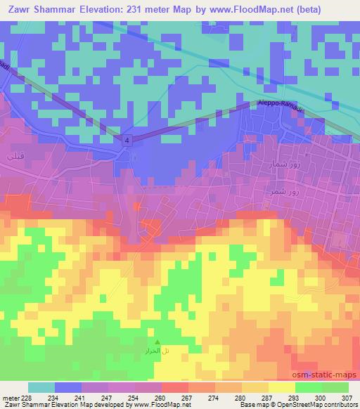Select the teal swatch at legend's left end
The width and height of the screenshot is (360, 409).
pos(42,387)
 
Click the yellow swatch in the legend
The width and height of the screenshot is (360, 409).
pos(282,387)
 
